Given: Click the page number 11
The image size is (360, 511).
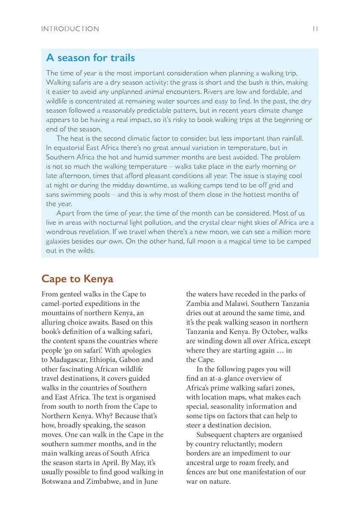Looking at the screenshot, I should coord(315,29).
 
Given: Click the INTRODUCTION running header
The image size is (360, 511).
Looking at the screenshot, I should coord(70,29).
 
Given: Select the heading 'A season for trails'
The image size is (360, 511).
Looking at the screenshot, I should coord(90,57).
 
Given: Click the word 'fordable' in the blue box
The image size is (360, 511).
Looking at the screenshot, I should coord(275,92).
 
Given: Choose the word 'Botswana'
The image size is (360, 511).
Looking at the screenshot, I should coord(58,482).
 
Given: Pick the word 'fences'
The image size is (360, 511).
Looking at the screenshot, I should coord(196,472).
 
